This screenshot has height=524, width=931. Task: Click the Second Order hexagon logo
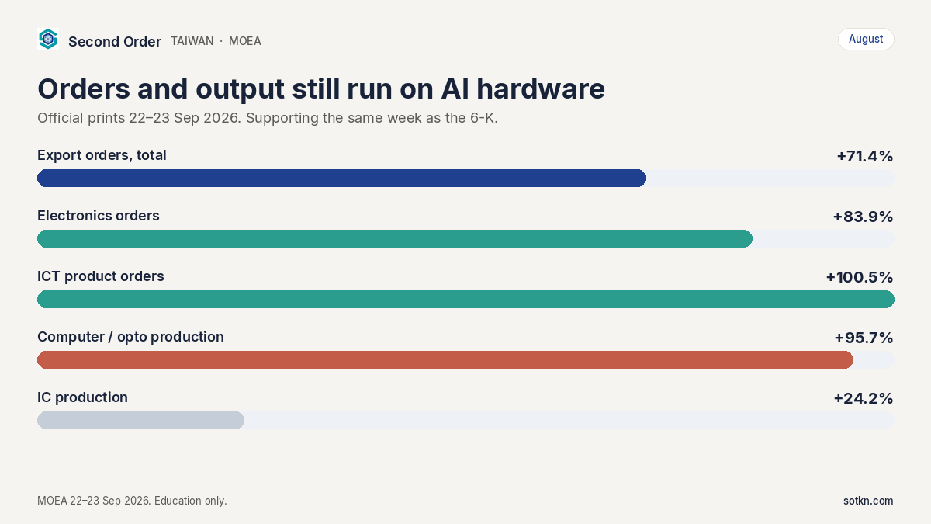(x=48, y=39)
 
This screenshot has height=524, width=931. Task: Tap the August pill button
(x=866, y=39)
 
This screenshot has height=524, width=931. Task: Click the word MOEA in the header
(x=245, y=41)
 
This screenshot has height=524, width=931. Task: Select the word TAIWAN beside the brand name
(x=192, y=41)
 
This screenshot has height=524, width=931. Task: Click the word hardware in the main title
(x=540, y=88)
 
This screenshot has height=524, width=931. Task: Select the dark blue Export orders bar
(x=341, y=178)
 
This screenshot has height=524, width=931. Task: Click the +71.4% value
(x=864, y=156)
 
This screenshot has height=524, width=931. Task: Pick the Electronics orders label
(x=98, y=216)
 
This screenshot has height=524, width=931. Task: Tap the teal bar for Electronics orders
(x=395, y=239)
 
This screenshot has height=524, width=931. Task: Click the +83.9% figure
(x=863, y=217)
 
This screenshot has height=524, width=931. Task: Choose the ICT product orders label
(x=101, y=276)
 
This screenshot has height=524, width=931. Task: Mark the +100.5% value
(x=860, y=277)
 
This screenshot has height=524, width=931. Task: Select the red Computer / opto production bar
(x=445, y=359)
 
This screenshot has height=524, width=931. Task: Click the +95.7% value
(x=864, y=338)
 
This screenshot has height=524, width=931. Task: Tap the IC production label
(x=82, y=397)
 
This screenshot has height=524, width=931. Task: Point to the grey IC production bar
(x=140, y=421)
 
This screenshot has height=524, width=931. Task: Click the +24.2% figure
(x=864, y=399)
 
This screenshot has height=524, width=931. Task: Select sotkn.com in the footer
(x=868, y=501)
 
